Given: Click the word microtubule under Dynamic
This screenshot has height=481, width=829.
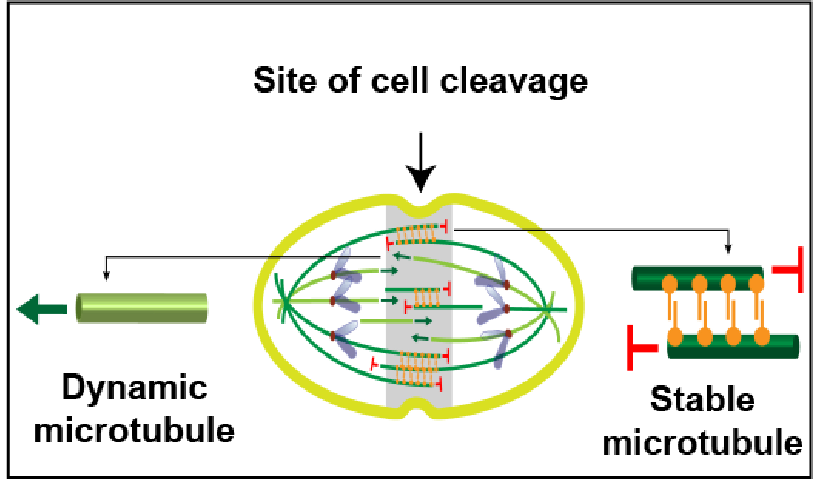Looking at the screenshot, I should pyautogui.click(x=134, y=430).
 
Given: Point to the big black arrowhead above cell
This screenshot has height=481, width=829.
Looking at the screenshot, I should pyautogui.click(x=421, y=178).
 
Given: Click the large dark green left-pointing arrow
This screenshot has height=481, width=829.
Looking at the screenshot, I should pyautogui.click(x=41, y=309).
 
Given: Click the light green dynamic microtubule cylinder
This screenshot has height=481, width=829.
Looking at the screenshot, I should pyautogui.click(x=142, y=308).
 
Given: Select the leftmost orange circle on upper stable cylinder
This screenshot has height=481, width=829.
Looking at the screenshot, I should pyautogui.click(x=670, y=284).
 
